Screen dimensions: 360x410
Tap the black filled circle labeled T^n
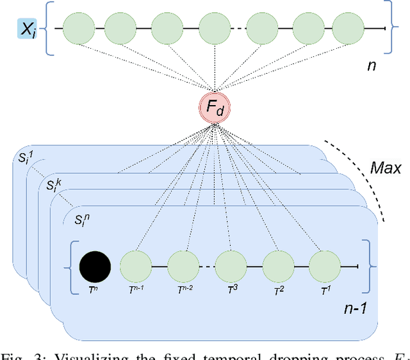click(94, 266)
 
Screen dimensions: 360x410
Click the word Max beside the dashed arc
click(386, 168)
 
